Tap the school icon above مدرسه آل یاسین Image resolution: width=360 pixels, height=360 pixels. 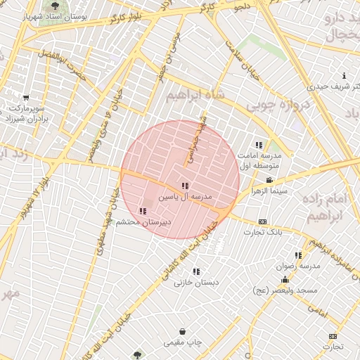click(x=185, y=186)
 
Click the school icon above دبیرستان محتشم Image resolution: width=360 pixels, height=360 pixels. click(x=143, y=210)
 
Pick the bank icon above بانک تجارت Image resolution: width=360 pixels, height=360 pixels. click(x=262, y=221)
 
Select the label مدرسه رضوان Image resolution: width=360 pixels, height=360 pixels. click(x=300, y=266)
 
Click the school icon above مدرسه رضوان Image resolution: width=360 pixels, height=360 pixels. click(x=299, y=255)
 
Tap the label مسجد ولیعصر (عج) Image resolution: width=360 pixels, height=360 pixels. click(x=286, y=290)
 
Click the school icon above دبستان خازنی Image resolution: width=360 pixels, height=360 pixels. click(x=196, y=271)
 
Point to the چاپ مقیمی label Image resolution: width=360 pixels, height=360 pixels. click(x=183, y=342)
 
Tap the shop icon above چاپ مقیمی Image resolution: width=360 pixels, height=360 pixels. click(x=183, y=331)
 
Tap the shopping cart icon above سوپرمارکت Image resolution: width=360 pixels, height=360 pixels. click(x=26, y=98)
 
